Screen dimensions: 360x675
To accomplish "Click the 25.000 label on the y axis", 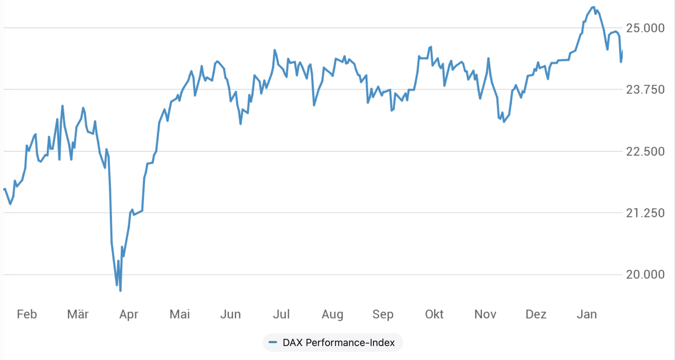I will pos(645,28).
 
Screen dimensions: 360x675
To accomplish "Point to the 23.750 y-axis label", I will pos(645,90).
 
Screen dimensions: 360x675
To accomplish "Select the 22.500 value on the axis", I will pos(645,152).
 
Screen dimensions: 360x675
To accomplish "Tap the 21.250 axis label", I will pos(645,213).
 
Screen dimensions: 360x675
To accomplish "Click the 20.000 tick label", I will pos(645,275).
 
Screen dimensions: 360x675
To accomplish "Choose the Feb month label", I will pos(27,314).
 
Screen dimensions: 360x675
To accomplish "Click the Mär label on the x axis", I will pos(78,314).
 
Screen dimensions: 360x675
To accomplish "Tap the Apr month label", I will pos(129,315).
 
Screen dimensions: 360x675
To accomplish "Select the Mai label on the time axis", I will pos(180,314).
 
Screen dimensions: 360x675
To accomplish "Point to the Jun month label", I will pos(230,314).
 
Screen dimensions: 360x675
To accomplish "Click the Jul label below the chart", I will pos(281,314).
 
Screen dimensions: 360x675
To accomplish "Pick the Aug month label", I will pos(332,315).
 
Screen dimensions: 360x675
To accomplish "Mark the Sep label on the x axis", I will pos(383,315).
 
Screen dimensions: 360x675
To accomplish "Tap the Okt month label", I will pos(434,314).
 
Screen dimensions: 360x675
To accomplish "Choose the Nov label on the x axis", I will pos(485,314).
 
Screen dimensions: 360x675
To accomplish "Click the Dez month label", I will pos(536,314).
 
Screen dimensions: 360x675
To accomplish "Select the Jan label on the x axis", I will pos(587,314).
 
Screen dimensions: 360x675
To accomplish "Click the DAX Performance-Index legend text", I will pos(338,343).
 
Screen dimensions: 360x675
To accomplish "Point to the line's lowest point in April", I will pos(120,291).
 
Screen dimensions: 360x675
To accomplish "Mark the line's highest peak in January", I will pos(593,7).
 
